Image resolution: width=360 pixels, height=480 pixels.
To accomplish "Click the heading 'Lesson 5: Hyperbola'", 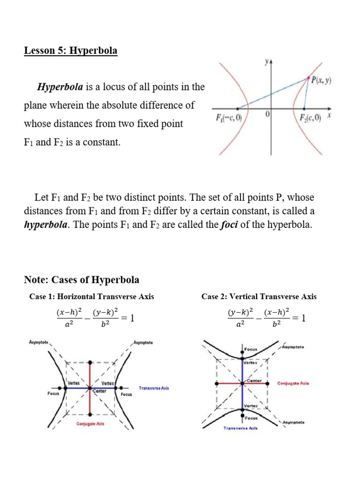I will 71,51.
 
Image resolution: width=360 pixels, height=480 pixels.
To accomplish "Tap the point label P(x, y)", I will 322,80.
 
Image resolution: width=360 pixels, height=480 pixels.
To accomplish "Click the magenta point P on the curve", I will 308,78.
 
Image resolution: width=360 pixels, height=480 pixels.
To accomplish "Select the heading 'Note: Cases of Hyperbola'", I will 82,280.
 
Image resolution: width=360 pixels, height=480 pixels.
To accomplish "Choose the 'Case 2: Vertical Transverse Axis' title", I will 259,296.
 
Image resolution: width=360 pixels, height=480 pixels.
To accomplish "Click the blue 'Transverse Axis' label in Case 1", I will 154,388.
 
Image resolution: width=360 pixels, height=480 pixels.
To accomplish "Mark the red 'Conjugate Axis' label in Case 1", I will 90,424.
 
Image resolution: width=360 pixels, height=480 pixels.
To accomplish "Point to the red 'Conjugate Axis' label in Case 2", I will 293,383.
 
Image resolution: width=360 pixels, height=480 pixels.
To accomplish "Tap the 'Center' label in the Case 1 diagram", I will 99,391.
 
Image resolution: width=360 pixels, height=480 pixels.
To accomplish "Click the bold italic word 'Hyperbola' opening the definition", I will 60,87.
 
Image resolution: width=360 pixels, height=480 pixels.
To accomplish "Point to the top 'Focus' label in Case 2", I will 251,349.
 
